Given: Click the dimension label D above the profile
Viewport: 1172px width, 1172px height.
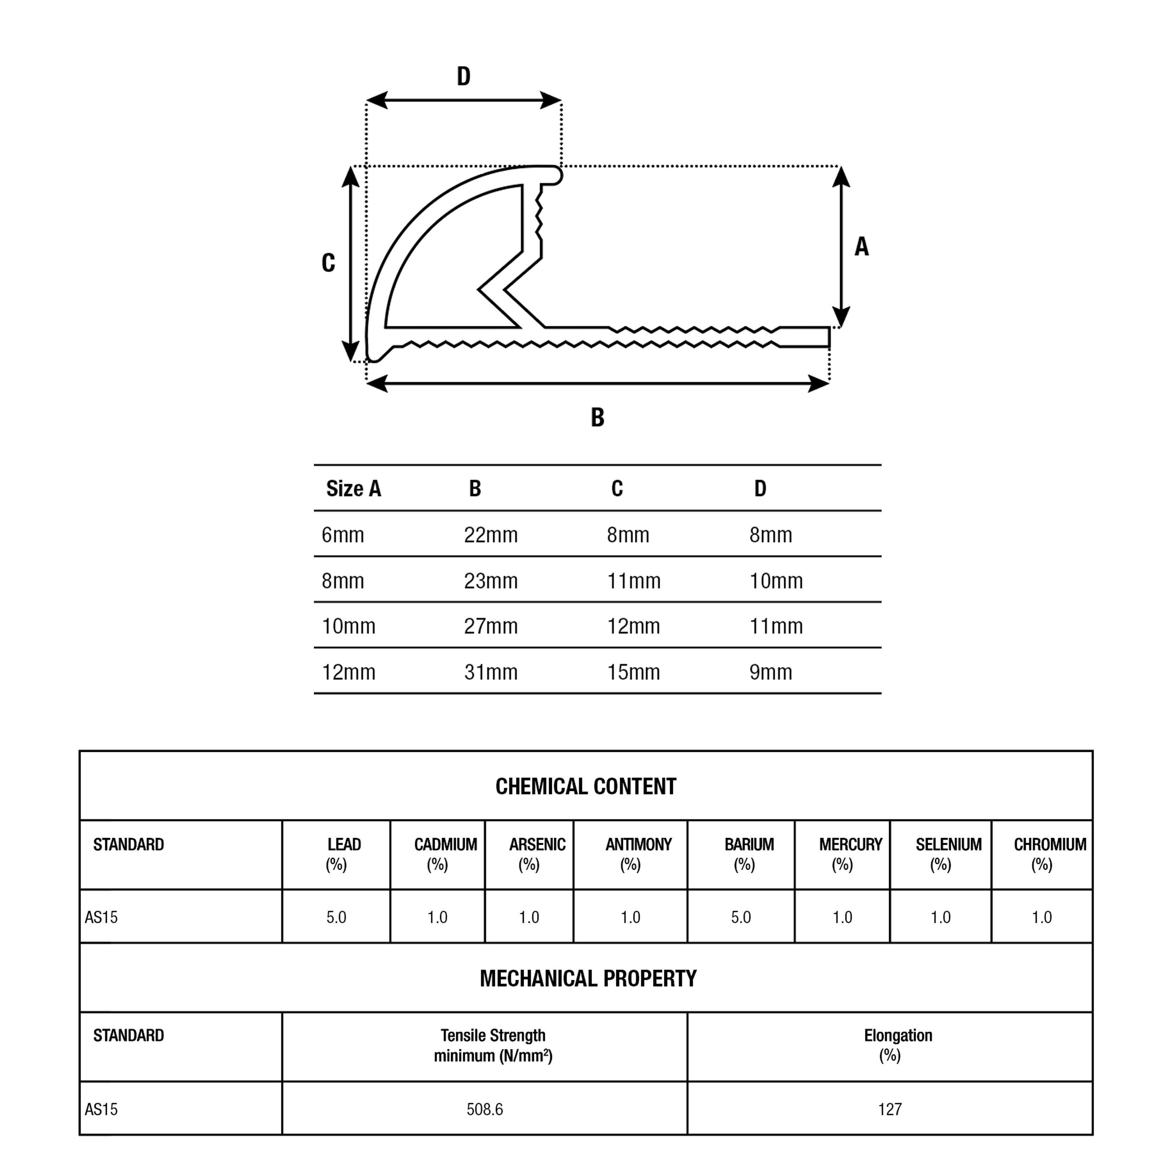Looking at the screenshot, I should [463, 76].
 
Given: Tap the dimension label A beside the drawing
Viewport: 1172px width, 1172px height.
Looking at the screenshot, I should [861, 247].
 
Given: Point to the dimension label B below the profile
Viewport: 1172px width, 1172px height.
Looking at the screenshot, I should [598, 417].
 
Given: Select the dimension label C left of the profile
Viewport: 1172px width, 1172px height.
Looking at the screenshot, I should [328, 263].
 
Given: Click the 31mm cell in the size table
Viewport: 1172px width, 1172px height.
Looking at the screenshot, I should [491, 672].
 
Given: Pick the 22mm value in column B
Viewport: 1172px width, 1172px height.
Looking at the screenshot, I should [491, 535].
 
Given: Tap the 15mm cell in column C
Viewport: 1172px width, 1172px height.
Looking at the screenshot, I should [633, 672].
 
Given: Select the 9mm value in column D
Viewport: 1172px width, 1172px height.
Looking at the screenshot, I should [771, 672].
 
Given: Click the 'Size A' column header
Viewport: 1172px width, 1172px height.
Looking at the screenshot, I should [354, 488].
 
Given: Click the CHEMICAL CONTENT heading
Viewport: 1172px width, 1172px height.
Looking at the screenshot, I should [585, 787].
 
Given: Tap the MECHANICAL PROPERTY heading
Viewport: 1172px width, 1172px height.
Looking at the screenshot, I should [588, 979].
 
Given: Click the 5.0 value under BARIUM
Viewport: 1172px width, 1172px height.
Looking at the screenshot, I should [741, 917].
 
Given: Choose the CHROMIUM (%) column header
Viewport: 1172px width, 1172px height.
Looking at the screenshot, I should [1049, 854].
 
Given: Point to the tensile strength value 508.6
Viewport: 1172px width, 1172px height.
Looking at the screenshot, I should [485, 1109].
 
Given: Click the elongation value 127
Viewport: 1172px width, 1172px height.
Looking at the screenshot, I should [890, 1109].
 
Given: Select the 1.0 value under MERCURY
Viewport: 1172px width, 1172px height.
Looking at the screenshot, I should [842, 917].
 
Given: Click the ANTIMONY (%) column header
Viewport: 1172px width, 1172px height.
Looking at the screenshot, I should [638, 854].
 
